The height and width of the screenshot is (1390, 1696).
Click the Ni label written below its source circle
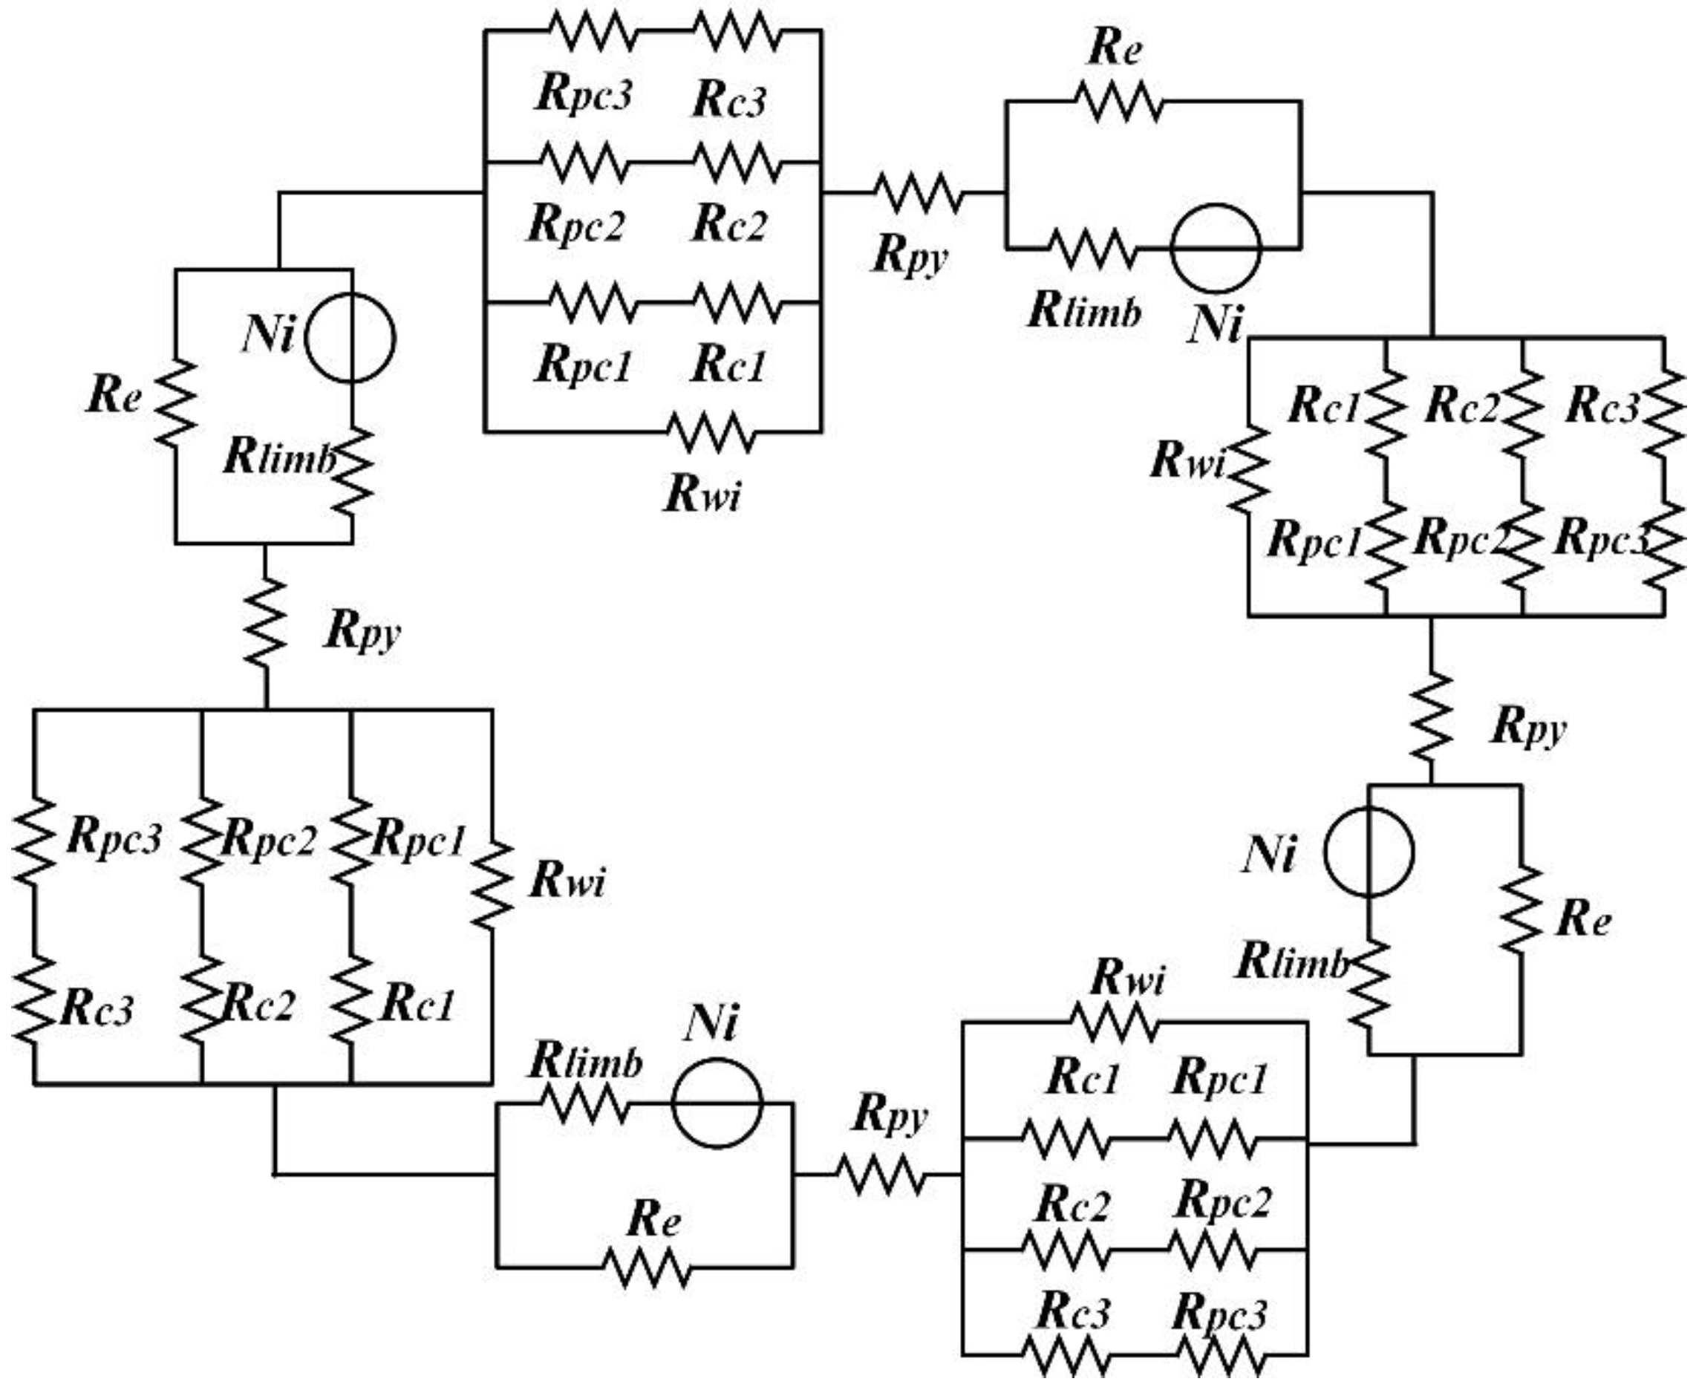(1216, 324)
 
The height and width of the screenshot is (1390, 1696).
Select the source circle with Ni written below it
(1215, 249)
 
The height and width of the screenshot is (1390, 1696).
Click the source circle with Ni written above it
(716, 1104)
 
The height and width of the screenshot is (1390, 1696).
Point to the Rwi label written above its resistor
(1127, 979)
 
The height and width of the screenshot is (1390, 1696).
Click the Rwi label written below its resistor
(702, 494)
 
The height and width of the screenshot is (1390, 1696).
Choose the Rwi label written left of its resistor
(1187, 461)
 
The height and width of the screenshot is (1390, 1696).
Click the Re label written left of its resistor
(114, 396)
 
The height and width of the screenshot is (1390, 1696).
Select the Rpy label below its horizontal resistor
(910, 256)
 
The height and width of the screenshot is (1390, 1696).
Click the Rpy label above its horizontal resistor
(890, 1115)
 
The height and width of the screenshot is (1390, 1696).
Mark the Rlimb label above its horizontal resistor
(585, 1063)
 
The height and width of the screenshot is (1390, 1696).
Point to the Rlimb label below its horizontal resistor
(1084, 310)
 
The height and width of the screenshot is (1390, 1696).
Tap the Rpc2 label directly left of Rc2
(575, 223)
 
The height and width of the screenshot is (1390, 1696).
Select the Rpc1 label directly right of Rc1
(1219, 1079)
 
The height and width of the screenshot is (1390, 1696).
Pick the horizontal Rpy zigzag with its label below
(918, 193)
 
